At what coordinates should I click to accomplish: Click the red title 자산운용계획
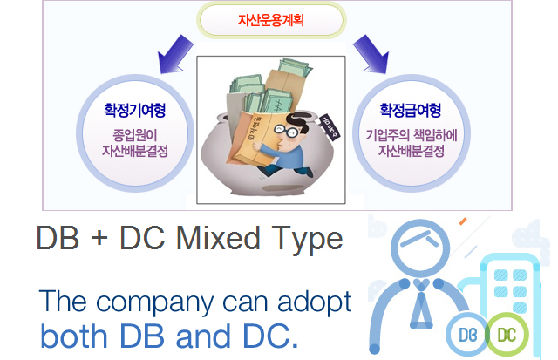click(x=271, y=20)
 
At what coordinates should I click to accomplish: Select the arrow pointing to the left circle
click(x=174, y=54)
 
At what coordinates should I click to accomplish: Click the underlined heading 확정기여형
click(x=134, y=111)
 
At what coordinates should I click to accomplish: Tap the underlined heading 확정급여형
click(x=411, y=111)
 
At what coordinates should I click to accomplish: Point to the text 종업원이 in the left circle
click(x=135, y=135)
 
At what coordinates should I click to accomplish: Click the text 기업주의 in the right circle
click(x=388, y=135)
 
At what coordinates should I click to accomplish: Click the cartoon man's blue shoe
click(x=307, y=173)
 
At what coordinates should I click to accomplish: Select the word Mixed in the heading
click(x=218, y=238)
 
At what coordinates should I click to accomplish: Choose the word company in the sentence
click(x=155, y=303)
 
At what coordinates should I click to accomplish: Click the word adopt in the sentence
click(x=314, y=302)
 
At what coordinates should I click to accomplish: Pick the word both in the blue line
click(x=73, y=336)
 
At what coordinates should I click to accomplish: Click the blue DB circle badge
click(x=467, y=335)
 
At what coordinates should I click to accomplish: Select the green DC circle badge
click(x=507, y=335)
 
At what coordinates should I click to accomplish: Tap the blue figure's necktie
click(x=421, y=303)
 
